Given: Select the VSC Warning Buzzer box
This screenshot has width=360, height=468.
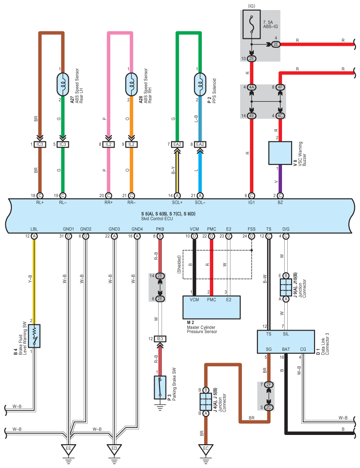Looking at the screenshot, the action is [280, 153].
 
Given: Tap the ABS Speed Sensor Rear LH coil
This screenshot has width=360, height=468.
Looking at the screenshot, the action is [63, 85].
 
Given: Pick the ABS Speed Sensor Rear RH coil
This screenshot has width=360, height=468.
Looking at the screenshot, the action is [131, 85].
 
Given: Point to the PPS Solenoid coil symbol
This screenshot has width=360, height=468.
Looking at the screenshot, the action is [200, 85].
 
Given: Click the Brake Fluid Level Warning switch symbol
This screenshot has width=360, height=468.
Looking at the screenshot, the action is [34, 336].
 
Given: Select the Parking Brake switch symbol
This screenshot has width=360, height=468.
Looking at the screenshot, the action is [160, 387].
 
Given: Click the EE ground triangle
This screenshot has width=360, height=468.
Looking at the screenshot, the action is [69, 449].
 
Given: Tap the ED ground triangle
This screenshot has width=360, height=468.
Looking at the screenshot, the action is [114, 449].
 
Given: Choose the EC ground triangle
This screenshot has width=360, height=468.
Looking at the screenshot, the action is [206, 449].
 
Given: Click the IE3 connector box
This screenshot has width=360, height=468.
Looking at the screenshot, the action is [160, 339].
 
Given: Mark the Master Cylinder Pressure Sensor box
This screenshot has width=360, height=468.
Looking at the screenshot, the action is [212, 308].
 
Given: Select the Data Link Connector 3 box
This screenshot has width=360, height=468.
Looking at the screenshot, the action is [286, 342].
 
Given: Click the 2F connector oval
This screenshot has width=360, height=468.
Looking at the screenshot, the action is [269, 385].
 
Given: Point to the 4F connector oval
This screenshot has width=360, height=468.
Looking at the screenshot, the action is [280, 87].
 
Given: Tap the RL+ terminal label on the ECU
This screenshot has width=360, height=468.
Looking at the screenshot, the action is [40, 202].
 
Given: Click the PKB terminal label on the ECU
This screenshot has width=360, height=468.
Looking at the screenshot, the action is [160, 229].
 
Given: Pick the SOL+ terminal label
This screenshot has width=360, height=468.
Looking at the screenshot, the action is [177, 202].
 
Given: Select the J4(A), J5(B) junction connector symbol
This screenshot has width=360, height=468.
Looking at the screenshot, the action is [206, 402].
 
